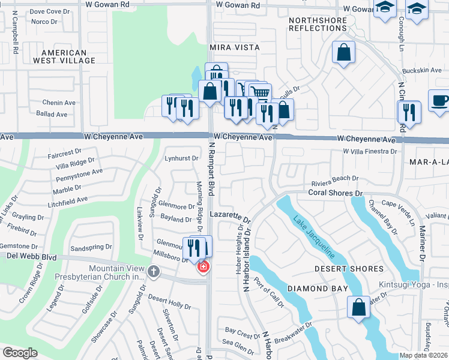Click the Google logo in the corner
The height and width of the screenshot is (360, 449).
(x=20, y=353)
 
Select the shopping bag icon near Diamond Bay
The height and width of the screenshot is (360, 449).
(x=358, y=307)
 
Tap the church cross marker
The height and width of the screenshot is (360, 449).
(x=154, y=273)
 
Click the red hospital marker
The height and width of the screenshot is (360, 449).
(x=203, y=266)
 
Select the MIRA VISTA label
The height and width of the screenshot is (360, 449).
(x=235, y=47)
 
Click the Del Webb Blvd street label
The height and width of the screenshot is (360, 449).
(x=31, y=257)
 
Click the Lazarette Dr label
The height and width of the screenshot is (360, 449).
(x=230, y=214)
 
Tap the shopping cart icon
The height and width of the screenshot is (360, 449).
(x=259, y=92)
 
